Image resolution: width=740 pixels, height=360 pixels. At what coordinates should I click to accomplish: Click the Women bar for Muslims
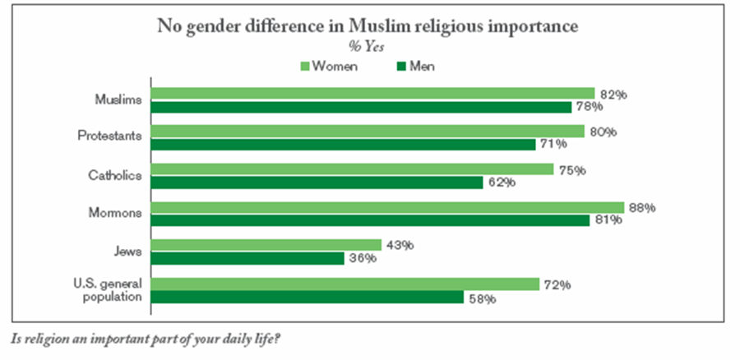[372, 94]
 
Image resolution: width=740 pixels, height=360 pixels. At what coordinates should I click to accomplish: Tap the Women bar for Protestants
[367, 132]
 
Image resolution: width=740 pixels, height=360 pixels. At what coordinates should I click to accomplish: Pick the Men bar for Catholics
[316, 182]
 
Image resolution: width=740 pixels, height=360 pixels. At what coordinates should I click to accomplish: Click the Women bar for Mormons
[386, 207]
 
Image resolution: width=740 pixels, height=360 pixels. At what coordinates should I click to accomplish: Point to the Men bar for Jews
[247, 258]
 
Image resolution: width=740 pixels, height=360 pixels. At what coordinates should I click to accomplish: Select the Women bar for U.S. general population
[345, 284]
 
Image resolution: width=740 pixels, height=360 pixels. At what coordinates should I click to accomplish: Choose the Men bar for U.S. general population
[307, 297]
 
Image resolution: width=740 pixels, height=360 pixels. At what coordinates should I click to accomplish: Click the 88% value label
[641, 208]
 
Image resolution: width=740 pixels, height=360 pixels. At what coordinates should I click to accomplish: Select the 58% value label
[482, 298]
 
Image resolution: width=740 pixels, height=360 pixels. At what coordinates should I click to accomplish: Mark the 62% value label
[501, 182]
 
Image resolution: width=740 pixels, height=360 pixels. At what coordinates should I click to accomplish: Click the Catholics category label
[115, 175]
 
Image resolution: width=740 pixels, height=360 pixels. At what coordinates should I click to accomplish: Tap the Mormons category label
[117, 213]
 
